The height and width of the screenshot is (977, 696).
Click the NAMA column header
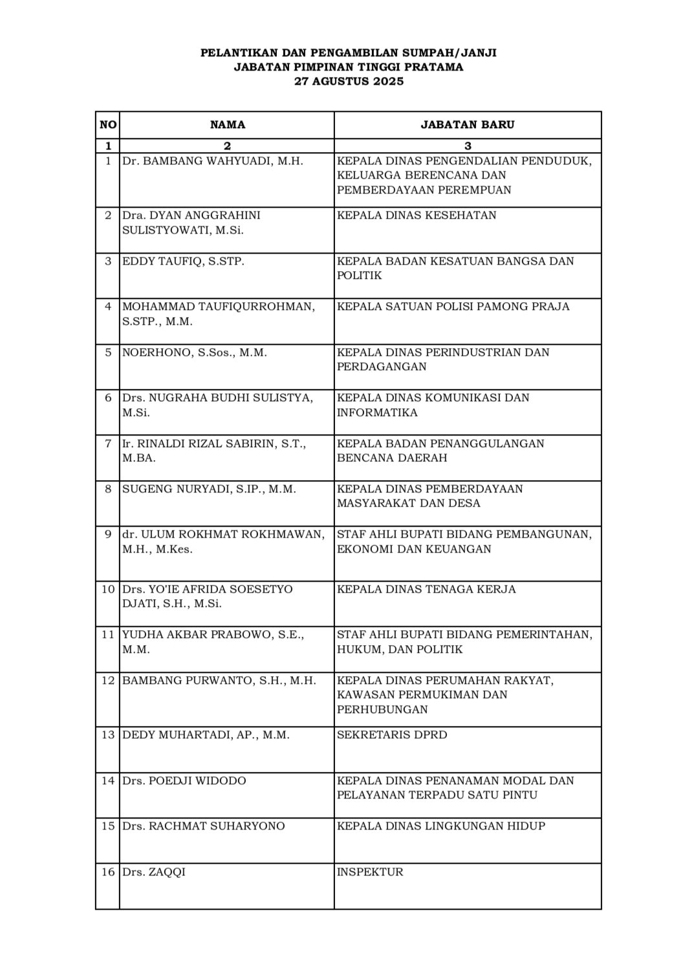click(x=227, y=125)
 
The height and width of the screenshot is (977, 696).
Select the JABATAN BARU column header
click(x=468, y=125)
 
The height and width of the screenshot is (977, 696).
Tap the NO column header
click(x=108, y=125)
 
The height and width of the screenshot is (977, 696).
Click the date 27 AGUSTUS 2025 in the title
click(x=349, y=82)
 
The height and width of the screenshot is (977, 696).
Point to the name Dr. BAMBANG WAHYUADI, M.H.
click(x=213, y=161)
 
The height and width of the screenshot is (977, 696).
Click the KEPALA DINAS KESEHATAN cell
click(x=417, y=215)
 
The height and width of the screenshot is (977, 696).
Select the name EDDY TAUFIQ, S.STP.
click(x=183, y=261)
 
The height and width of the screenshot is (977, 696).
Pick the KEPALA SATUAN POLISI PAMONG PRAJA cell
click(x=453, y=307)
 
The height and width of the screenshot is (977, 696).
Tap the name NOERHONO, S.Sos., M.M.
click(x=195, y=353)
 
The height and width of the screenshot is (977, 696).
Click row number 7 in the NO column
click(x=108, y=444)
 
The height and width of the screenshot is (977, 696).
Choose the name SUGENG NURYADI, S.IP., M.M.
click(x=209, y=489)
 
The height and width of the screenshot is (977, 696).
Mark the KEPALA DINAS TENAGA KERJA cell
click(x=426, y=589)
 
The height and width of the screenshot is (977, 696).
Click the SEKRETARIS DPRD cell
click(x=392, y=735)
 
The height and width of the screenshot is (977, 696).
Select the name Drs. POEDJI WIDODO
click(x=184, y=781)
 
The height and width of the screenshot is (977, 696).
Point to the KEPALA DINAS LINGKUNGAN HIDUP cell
click(x=441, y=826)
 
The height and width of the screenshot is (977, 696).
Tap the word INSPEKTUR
click(x=370, y=872)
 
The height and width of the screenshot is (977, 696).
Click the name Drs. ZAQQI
click(x=154, y=872)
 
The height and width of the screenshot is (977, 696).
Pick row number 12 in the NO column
click(x=108, y=681)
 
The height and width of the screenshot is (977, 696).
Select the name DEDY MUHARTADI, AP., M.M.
click(x=206, y=735)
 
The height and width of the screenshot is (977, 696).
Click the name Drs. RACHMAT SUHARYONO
click(x=204, y=826)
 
